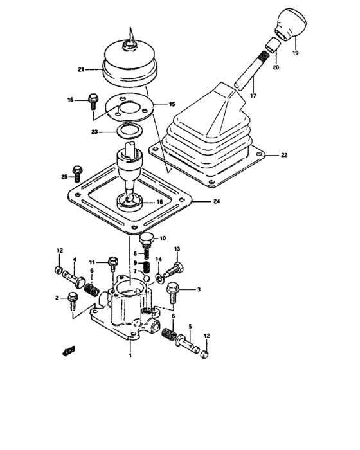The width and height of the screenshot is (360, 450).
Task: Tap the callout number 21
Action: [82, 69]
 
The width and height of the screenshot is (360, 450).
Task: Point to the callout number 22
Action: [283, 155]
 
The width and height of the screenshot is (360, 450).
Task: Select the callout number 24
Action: [217, 201]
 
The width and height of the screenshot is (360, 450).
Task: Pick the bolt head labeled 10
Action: [146, 241]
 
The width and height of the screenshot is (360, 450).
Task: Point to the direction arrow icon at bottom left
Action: [67, 351]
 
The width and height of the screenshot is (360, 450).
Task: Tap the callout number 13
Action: [177, 249]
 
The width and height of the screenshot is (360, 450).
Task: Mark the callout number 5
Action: [190, 327]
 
